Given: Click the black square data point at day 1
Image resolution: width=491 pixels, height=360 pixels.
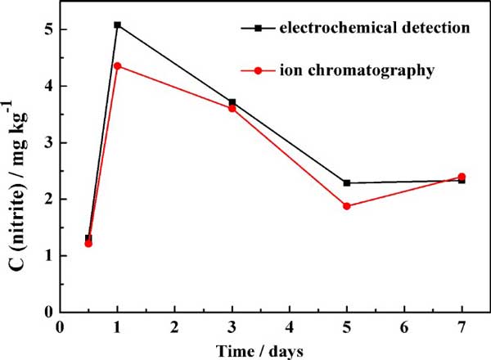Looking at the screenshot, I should tap(118, 25).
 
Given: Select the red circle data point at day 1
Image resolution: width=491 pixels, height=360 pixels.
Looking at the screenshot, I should tap(118, 65).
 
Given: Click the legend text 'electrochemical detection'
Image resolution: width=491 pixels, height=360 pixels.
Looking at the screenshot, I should tap(374, 29).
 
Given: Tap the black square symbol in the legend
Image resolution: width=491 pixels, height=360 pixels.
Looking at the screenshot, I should tap(259, 29).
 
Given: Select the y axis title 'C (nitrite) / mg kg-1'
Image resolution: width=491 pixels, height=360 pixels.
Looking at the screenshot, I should tap(18, 164).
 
